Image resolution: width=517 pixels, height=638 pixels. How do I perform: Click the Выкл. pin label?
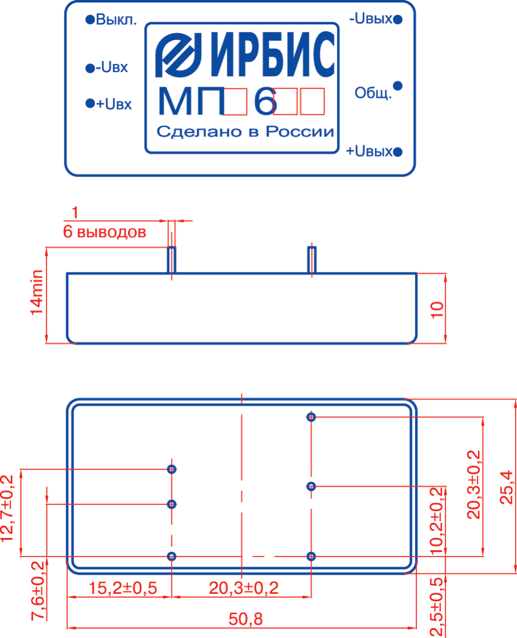(x=116, y=20)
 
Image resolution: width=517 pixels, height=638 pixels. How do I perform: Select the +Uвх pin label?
(x=114, y=104)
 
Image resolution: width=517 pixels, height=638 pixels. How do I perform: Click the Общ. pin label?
(x=373, y=94)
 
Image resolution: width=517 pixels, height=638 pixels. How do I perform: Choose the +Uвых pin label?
(x=369, y=152)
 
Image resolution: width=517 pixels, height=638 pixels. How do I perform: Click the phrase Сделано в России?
(x=245, y=132)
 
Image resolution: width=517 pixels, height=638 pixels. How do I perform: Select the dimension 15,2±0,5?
(x=123, y=587)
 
